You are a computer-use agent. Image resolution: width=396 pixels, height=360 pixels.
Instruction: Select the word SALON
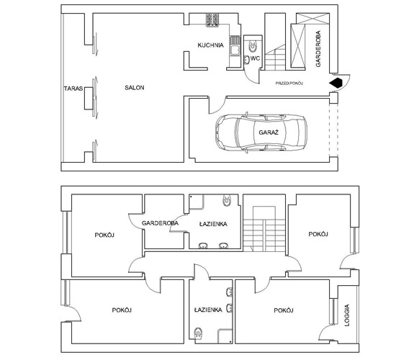[x=134, y=88]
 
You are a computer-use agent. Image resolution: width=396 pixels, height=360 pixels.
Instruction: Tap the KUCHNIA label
[x=211, y=45]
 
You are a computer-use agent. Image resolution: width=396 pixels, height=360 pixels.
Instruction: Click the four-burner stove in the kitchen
[x=214, y=22]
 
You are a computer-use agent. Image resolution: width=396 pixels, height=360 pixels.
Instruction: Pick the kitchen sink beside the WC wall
[x=234, y=45]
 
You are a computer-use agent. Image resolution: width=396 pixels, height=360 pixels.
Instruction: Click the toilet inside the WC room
[x=253, y=42]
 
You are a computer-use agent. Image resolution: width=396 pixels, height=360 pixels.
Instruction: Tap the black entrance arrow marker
[x=335, y=84]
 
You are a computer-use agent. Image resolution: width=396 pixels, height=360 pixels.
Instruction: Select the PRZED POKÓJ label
[x=289, y=84]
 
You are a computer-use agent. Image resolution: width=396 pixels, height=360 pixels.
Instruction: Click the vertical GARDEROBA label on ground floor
[x=318, y=49]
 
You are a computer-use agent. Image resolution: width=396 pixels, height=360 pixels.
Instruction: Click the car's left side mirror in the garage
[x=247, y=114]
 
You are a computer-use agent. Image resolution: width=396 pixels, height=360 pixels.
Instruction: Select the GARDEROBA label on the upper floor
[x=160, y=224]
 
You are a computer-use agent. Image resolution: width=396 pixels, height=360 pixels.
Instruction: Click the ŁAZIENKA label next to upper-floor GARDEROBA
[x=213, y=224]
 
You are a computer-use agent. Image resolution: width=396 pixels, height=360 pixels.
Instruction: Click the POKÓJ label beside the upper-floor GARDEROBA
[x=105, y=235]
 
